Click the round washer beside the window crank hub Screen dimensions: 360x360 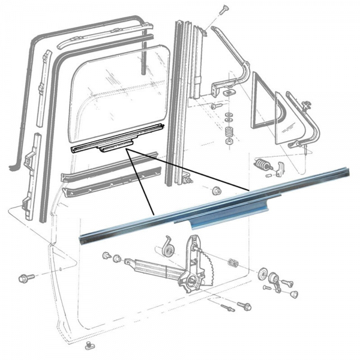point(265,275)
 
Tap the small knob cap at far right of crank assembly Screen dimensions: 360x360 point(295,293)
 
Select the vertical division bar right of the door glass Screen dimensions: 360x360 point(180,102)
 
